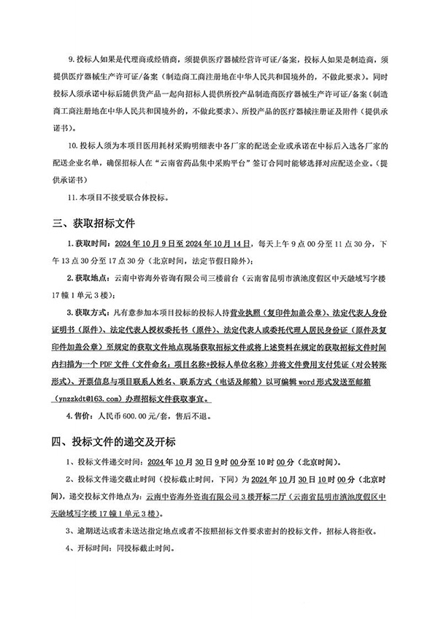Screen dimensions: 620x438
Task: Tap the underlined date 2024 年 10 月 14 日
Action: [x=216, y=243]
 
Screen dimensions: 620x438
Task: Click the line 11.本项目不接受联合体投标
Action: [x=117, y=196]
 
